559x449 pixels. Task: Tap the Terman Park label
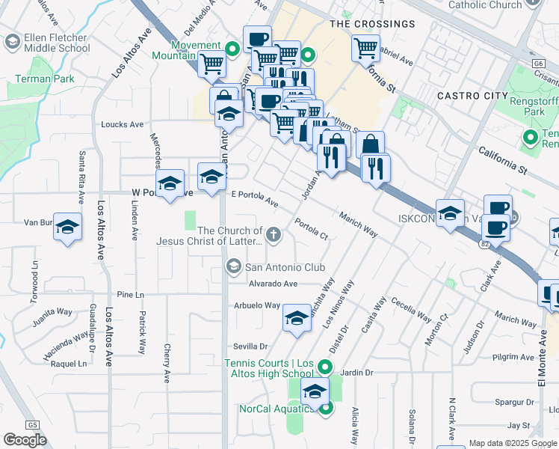point(37,78)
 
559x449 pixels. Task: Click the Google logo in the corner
point(25,439)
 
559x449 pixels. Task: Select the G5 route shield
point(31,425)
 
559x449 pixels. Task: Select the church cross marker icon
point(274,236)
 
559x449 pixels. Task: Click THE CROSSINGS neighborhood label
point(372,24)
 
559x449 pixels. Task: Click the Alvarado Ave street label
point(273,284)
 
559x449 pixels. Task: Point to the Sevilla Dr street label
point(251,346)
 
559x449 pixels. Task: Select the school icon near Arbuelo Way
point(297,320)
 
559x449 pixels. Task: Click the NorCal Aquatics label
point(277,409)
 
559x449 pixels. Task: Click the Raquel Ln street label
point(68,364)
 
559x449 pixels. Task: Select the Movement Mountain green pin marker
point(232,49)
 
